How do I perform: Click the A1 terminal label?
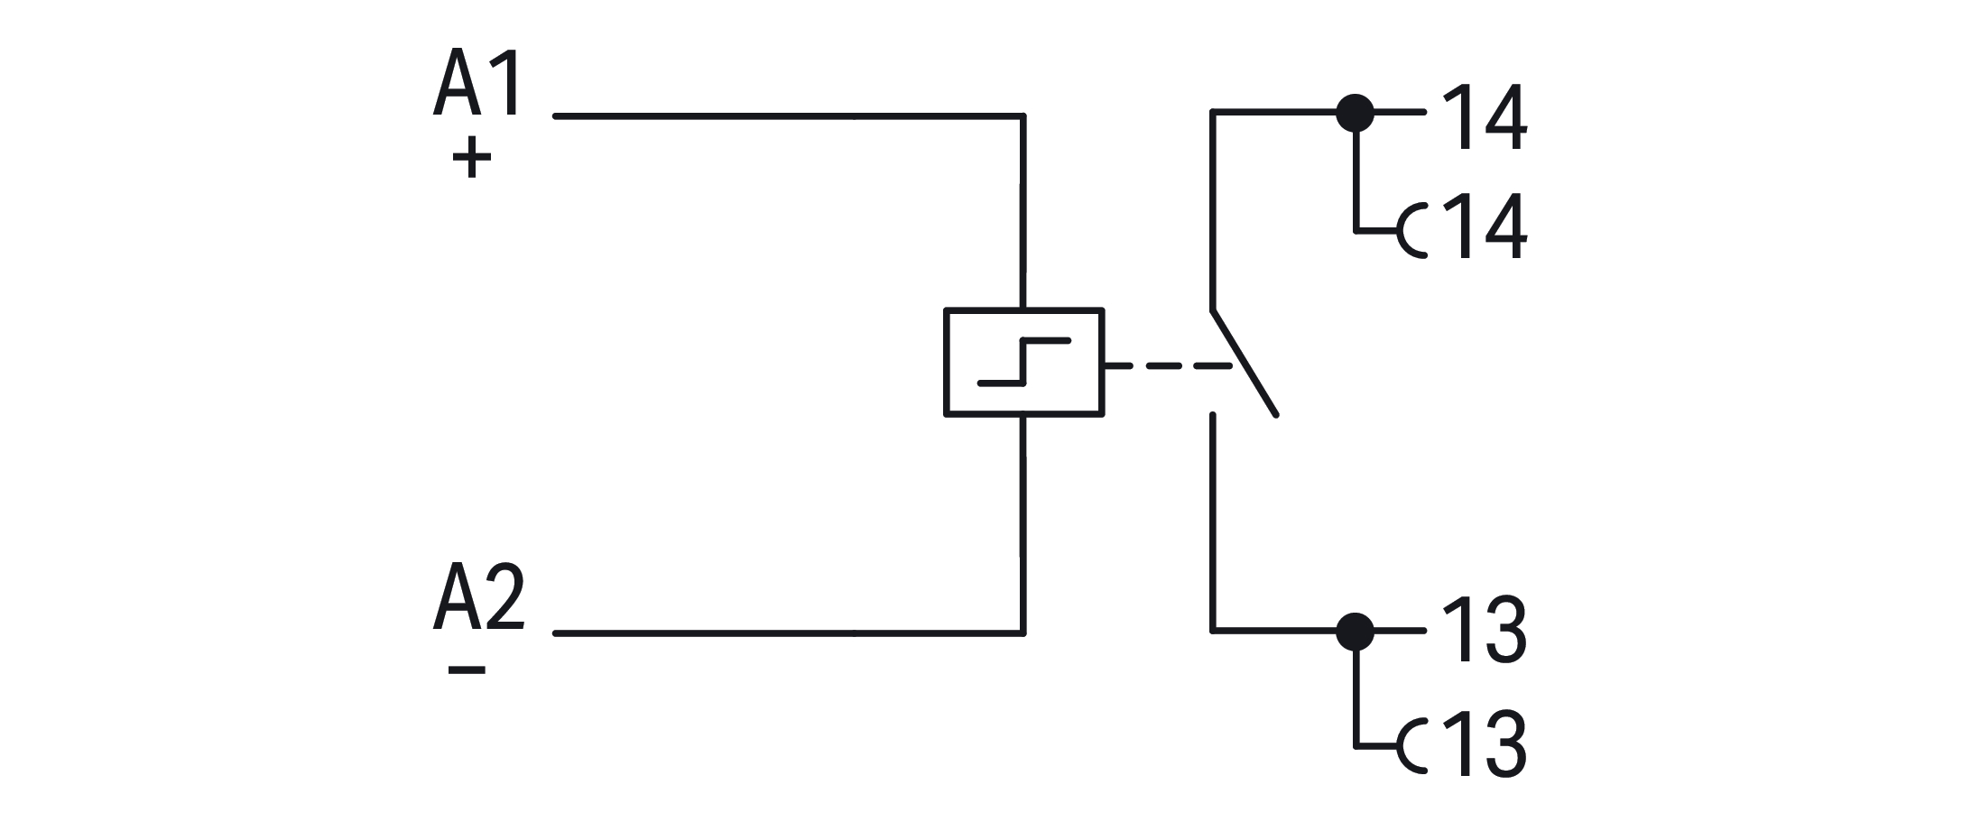coord(478,84)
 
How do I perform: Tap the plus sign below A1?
coord(471,158)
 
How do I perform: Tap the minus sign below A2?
coord(467,669)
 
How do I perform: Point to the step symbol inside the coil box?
coord(1024,362)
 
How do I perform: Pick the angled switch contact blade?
coord(1245,364)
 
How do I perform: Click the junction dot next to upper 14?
coord(1355,113)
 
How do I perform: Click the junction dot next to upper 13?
coord(1355,631)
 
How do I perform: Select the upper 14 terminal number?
coord(1485,117)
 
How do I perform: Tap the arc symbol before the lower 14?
coord(1411,230)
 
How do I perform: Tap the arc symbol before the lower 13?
coord(1411,747)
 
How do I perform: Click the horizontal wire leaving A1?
coord(785,116)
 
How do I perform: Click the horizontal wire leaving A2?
coord(785,633)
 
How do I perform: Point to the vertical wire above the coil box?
coord(1023,212)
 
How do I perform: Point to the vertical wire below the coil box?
coord(1023,523)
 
